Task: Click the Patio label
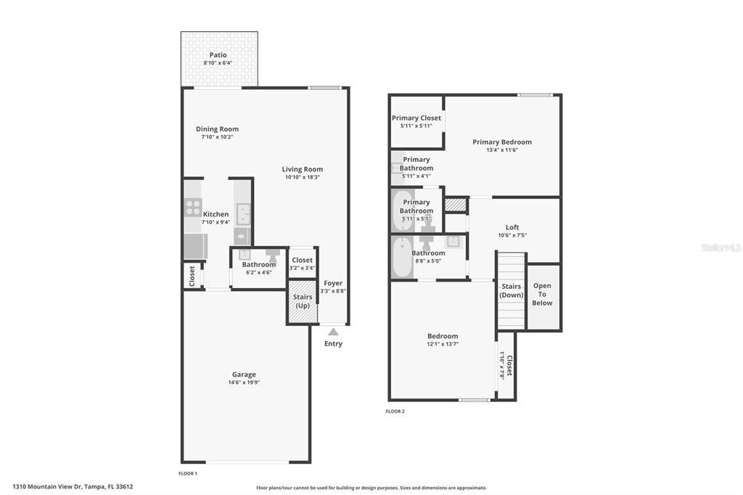(218, 55)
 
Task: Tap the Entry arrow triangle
(333, 332)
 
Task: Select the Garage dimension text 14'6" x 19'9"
(244, 382)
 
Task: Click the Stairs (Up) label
(302, 301)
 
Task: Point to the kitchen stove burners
(192, 208)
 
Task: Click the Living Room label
(303, 169)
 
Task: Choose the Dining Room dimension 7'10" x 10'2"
(217, 137)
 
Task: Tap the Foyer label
(333, 283)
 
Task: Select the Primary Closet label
(416, 118)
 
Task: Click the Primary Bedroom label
(502, 142)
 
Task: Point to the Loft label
(512, 227)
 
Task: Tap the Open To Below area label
(542, 294)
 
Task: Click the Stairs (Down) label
(512, 290)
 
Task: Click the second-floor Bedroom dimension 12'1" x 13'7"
(443, 344)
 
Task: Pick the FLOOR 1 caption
(188, 473)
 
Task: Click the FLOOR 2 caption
(395, 412)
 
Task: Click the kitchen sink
(242, 214)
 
